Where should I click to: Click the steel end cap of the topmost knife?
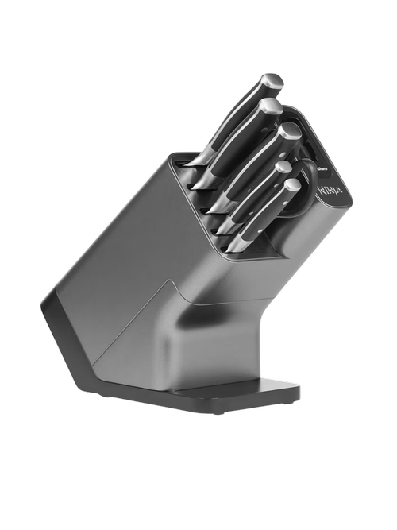272,80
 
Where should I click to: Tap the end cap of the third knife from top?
290,132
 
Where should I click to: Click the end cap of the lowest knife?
291,185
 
